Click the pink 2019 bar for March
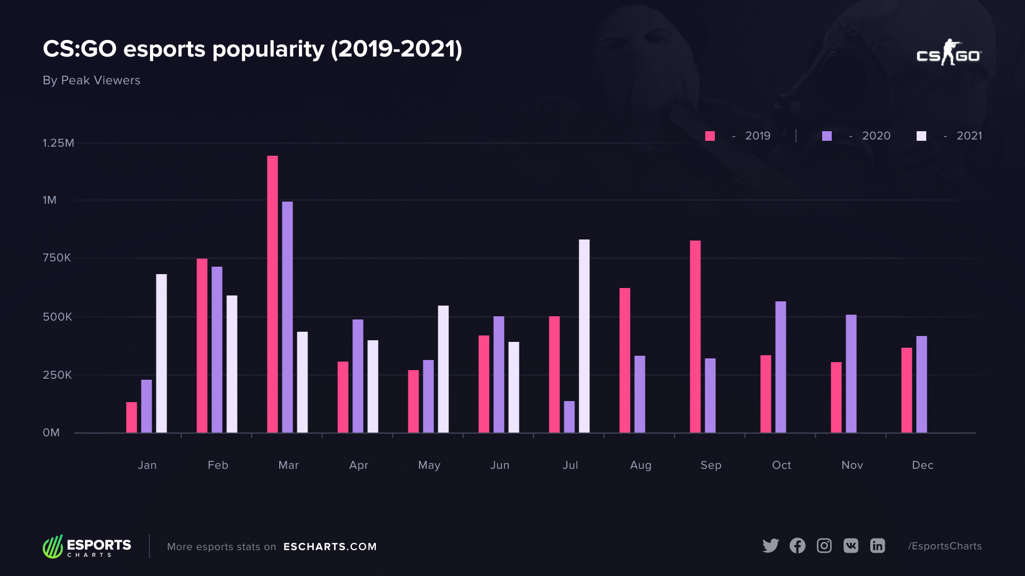[272, 294]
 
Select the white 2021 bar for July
[584, 336]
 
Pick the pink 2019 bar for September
[695, 337]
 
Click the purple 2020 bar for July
[569, 417]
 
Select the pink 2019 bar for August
[625, 360]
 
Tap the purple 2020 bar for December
[921, 384]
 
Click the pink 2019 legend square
[710, 136]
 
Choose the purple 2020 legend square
[827, 136]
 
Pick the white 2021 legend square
[921, 136]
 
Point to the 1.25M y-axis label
[58, 143]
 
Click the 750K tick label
[57, 258]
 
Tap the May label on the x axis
[429, 465]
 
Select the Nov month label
[852, 465]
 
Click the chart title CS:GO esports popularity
[252, 49]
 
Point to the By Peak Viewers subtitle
[91, 81]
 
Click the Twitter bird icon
[770, 546]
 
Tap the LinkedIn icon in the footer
[878, 546]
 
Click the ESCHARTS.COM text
[330, 547]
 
